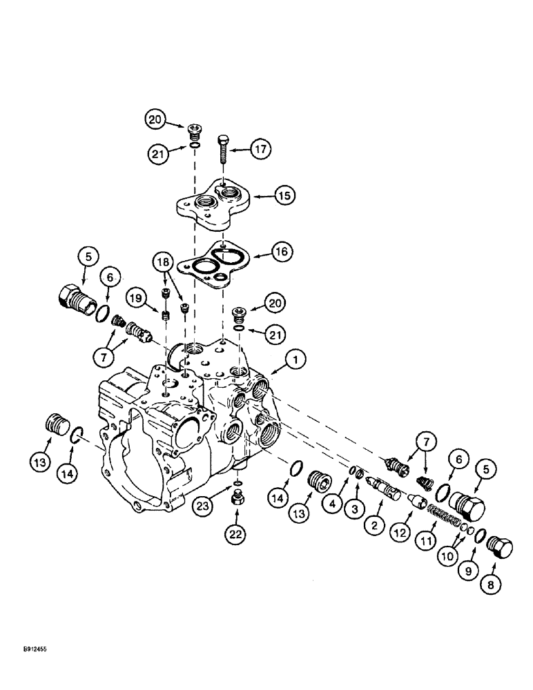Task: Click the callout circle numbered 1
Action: click(x=295, y=359)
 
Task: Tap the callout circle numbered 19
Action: click(x=135, y=299)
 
